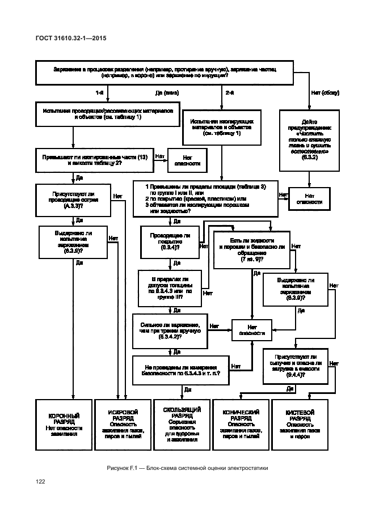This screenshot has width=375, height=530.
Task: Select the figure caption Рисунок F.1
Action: click(187, 468)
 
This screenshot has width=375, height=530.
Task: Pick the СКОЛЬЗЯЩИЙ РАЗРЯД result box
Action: click(182, 424)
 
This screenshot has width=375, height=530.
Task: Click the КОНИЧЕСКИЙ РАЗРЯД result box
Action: click(240, 425)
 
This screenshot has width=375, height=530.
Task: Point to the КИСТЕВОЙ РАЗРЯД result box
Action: click(300, 425)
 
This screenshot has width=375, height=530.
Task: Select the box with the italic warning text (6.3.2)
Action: click(310, 139)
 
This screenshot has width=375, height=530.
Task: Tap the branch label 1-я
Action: click(99, 92)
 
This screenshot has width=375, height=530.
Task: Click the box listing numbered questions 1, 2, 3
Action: click(205, 198)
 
